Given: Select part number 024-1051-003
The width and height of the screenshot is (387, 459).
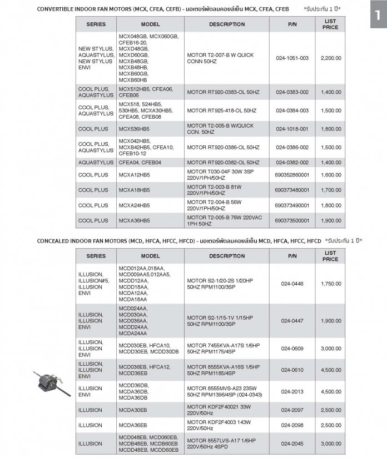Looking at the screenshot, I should point(292,58).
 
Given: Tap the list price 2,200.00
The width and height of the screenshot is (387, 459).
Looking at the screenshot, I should point(330,58).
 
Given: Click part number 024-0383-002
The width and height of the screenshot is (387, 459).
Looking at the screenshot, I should point(292,92).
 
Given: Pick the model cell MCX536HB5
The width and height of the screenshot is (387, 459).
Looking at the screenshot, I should point(134,129).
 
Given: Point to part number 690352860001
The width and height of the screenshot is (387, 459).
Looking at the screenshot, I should point(292,174).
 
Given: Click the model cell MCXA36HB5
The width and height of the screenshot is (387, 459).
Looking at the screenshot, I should point(134,220).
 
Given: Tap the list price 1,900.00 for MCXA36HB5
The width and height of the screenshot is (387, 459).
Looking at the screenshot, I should point(330,220).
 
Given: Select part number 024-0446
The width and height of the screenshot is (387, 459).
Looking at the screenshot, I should point(292,283).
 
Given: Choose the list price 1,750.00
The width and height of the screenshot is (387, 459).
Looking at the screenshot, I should point(330,283).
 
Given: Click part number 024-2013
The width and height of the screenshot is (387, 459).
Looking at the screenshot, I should point(292,391).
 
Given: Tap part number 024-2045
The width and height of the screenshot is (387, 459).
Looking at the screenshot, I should point(292,443).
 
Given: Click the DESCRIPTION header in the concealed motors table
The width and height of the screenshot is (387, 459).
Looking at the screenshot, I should point(227,256).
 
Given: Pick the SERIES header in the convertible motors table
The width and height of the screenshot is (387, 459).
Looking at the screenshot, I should point(96,24).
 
